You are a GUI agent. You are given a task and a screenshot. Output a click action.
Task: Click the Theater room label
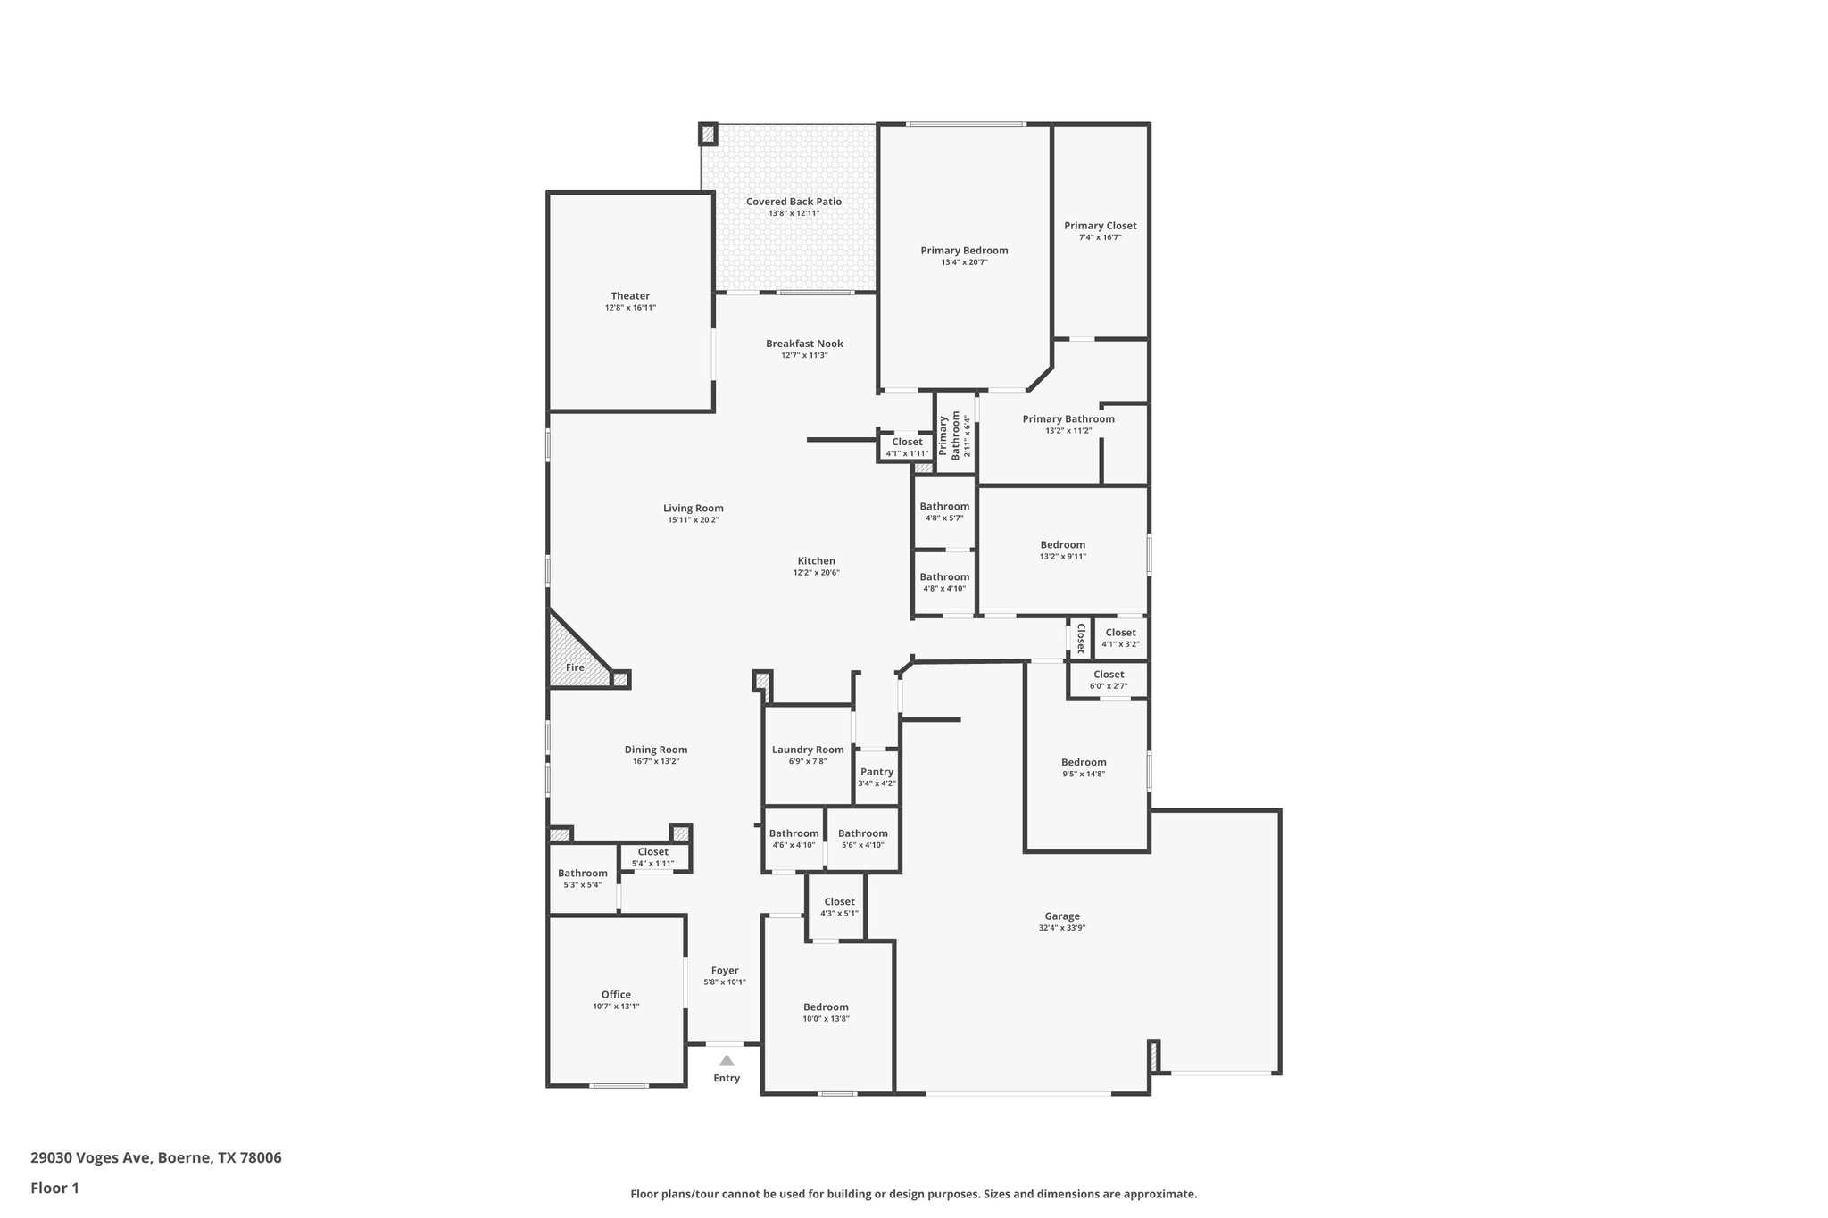coord(630,296)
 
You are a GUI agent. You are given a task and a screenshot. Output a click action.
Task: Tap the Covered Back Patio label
coord(794,202)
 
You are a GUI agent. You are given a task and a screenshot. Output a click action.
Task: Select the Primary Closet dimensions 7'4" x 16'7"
coord(1100,237)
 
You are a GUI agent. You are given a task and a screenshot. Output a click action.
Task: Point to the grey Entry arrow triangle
coord(727,1061)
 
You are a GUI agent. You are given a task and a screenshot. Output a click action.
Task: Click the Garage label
coord(1062,916)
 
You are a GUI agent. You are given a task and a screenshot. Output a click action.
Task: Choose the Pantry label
coord(877,772)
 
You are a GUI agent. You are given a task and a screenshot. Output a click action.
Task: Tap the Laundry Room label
coord(808,750)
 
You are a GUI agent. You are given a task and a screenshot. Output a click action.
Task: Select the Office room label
coord(616,995)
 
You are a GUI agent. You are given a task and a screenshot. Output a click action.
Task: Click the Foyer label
coord(725,971)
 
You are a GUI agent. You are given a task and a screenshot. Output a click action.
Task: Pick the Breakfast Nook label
coord(804,344)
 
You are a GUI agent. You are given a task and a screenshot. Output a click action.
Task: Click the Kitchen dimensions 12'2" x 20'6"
coord(816,573)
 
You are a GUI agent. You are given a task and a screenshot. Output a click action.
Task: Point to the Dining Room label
coord(655,750)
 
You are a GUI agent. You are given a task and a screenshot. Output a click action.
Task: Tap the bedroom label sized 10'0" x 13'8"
coord(826,1007)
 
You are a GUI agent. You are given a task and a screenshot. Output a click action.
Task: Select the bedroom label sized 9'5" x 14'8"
coord(1084,762)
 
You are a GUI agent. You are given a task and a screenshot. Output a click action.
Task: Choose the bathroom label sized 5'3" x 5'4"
coord(582,874)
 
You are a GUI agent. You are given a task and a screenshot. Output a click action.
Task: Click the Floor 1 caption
coord(54,1188)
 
